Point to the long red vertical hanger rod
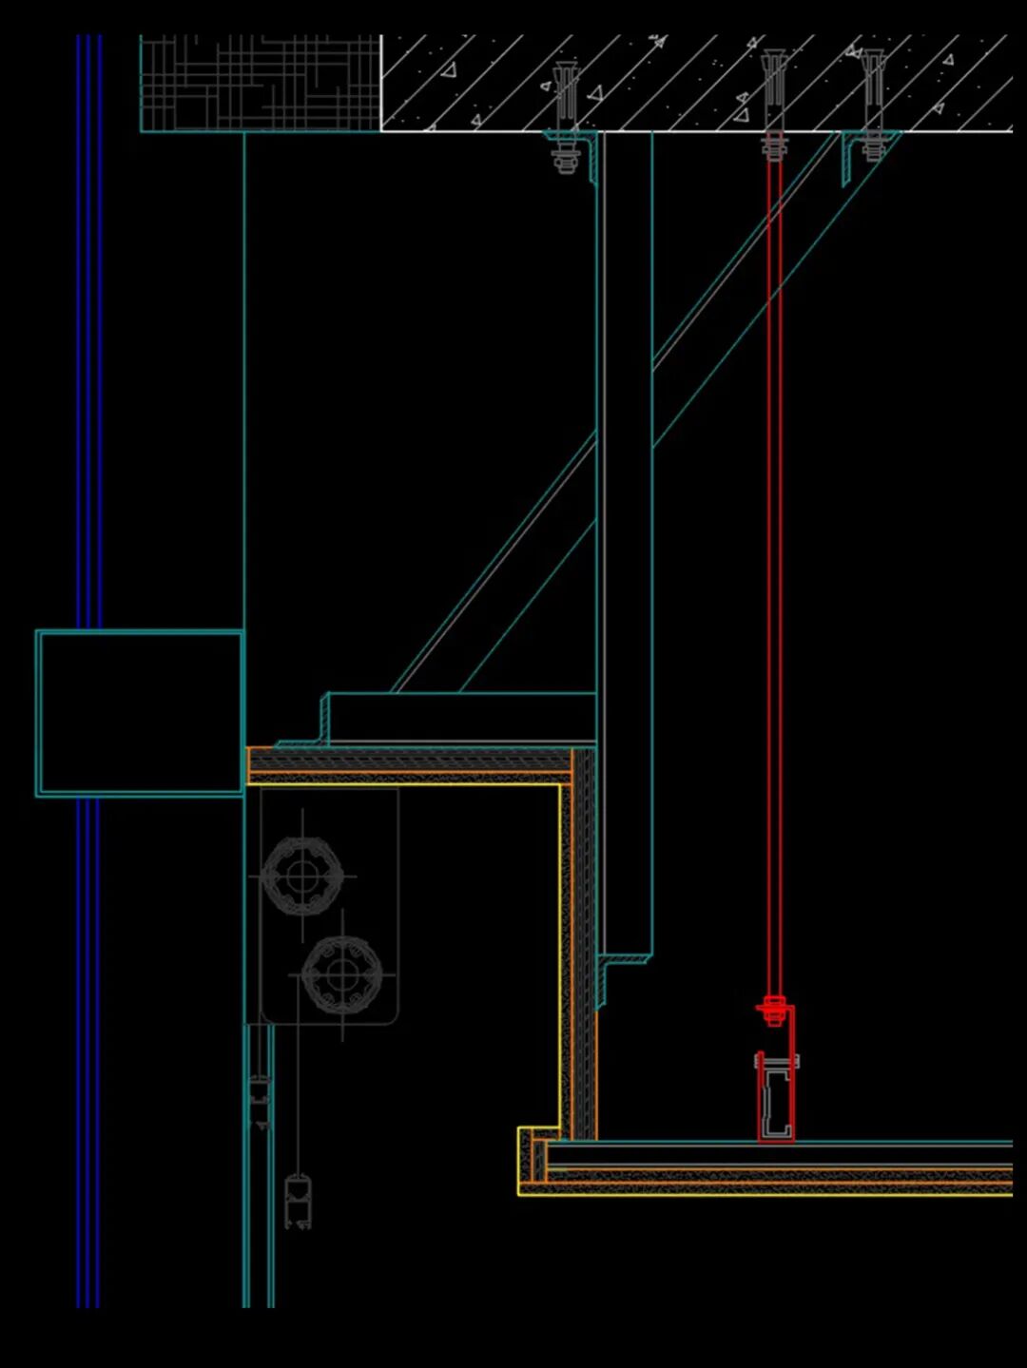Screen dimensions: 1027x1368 [x=775, y=570]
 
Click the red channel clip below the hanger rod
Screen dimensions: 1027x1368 [x=776, y=1093]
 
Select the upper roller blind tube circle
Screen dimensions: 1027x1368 [x=301, y=874]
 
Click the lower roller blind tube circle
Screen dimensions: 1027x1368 [x=342, y=974]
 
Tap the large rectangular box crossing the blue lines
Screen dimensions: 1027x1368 [x=140, y=713]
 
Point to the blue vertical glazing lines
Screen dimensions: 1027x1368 [x=88, y=380]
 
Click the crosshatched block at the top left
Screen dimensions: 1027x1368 [x=260, y=84]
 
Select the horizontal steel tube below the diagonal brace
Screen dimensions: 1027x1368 [x=461, y=717]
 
